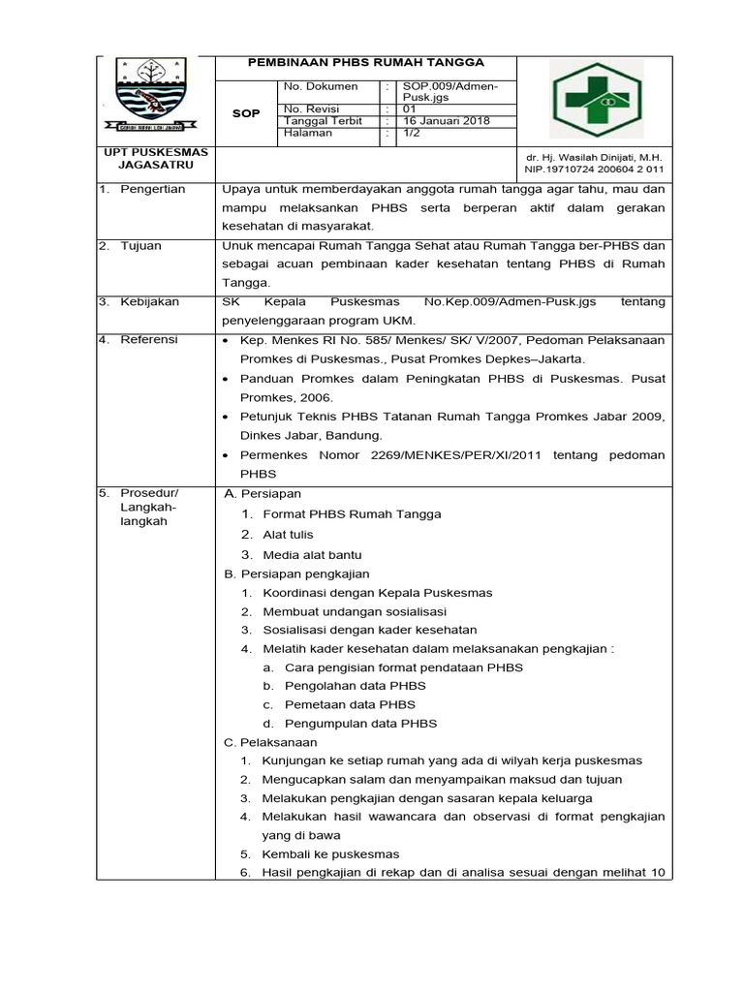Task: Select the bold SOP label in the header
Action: pyautogui.click(x=247, y=113)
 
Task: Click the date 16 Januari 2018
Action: pyautogui.click(x=446, y=121)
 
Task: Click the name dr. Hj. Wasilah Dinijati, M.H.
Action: pyautogui.click(x=595, y=156)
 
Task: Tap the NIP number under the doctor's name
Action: pyautogui.click(x=595, y=169)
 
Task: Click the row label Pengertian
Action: pyautogui.click(x=152, y=189)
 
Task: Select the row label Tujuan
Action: pyautogui.click(x=140, y=246)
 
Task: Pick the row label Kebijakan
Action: pyautogui.click(x=149, y=302)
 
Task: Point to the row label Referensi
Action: pyautogui.click(x=149, y=341)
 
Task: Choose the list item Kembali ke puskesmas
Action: pyautogui.click(x=330, y=854)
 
